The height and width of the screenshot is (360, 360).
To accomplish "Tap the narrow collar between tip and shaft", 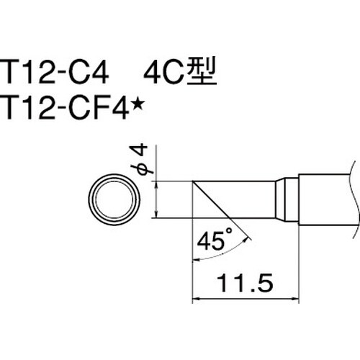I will click(288, 197).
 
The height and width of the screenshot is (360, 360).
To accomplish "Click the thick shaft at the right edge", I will click(328, 197).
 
